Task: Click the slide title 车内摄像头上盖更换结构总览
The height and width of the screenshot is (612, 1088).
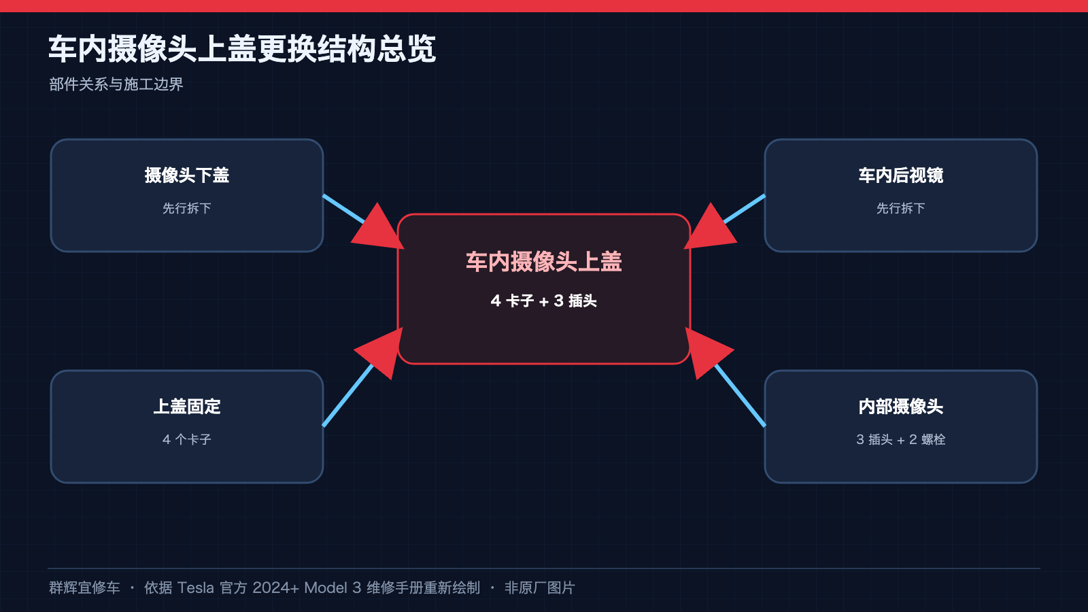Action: tap(242, 49)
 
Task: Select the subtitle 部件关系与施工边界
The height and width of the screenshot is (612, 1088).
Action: tap(116, 84)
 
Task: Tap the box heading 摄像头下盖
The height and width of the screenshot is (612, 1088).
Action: tap(187, 175)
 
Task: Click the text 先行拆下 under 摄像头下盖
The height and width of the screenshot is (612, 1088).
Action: tap(187, 208)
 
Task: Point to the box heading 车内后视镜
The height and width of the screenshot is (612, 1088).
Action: tap(901, 175)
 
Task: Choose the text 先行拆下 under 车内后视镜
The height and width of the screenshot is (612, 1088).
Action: tap(901, 208)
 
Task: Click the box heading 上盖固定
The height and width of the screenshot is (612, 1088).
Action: tap(187, 407)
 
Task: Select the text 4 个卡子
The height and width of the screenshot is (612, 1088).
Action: tap(187, 439)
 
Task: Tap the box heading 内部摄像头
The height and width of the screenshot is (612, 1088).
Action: tap(901, 407)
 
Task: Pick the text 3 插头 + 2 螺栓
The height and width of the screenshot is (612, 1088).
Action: tap(901, 439)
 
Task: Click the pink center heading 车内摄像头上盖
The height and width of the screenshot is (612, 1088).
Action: tap(544, 262)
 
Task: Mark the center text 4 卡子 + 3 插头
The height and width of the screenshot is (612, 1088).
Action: tap(544, 301)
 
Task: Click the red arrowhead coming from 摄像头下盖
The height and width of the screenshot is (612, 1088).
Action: tap(379, 229)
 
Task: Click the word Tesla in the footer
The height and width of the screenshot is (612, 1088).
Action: tap(195, 588)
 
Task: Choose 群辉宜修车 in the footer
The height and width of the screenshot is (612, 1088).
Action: tap(84, 588)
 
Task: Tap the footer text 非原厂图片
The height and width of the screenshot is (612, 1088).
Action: tap(540, 588)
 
